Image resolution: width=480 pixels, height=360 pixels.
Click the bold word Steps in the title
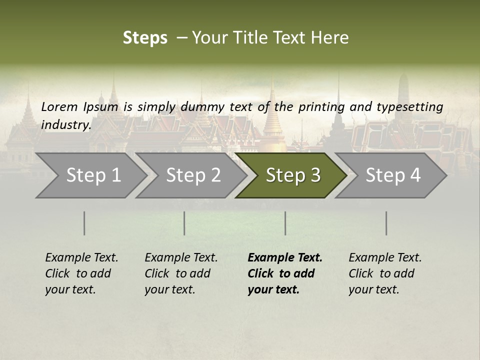(x=145, y=38)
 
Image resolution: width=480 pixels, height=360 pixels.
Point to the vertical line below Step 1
(x=84, y=223)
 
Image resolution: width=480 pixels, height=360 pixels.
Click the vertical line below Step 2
(x=184, y=223)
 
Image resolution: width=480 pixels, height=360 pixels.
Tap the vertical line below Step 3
(x=285, y=223)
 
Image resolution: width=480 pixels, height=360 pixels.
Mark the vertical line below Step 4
(x=386, y=223)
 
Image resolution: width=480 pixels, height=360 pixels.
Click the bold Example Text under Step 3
(x=285, y=258)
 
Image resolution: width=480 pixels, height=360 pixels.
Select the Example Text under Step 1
(x=81, y=258)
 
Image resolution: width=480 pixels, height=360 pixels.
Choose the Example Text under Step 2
(x=181, y=258)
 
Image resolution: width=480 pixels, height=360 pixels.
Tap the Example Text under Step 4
(x=385, y=258)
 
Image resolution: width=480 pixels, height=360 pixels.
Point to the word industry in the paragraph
(x=66, y=124)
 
